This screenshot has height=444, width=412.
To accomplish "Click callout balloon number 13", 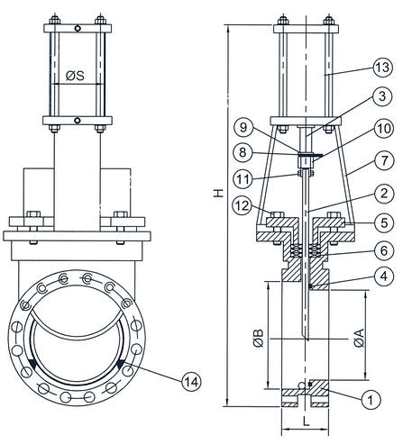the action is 383,68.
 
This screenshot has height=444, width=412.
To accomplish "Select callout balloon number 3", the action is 382,96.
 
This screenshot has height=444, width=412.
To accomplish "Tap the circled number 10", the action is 384,128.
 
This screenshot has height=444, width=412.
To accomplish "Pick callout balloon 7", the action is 384,160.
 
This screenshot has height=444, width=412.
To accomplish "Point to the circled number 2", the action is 384,194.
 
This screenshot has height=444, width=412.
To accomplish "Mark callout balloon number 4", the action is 384,276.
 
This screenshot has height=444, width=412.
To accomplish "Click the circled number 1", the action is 371,400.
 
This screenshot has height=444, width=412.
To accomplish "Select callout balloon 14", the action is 191,382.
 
